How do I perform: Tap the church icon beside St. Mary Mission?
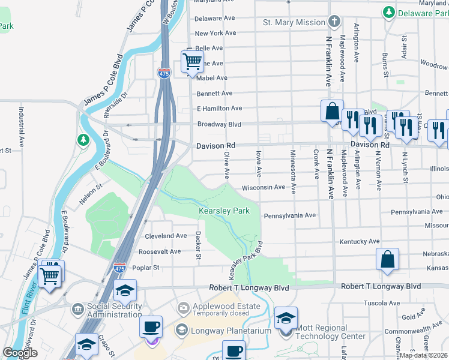click(x=335, y=22)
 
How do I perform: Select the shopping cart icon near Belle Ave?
click(x=191, y=61)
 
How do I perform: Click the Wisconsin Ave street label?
click(x=263, y=187)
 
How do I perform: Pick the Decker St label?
click(x=198, y=246)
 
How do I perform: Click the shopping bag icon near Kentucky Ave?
click(x=388, y=259)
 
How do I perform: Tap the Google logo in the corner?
click(x=20, y=353)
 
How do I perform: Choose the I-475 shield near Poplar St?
click(x=120, y=267)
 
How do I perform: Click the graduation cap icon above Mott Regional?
click(x=286, y=317)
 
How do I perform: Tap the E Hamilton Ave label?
click(x=219, y=109)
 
